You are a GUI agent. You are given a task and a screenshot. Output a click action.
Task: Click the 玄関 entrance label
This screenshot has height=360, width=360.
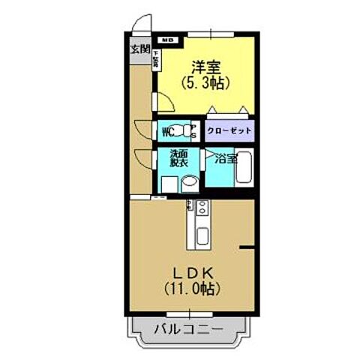[139, 50]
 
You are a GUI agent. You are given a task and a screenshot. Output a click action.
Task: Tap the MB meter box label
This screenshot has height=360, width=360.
[167, 39]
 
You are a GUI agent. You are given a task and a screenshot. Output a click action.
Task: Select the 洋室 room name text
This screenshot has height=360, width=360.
[205, 66]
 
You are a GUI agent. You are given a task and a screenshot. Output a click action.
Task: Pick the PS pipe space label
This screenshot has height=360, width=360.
[193, 133]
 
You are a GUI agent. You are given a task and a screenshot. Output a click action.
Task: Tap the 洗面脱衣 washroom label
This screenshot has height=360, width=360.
[168, 159]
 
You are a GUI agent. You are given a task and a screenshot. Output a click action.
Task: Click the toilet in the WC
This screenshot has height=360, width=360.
[181, 132]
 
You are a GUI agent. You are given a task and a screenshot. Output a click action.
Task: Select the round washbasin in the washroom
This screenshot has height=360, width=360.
[190, 182]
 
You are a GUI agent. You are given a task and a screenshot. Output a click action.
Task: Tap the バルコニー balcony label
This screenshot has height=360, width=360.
[188, 328]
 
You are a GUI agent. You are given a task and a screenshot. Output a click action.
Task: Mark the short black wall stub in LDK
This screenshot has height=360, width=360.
[248, 246]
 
